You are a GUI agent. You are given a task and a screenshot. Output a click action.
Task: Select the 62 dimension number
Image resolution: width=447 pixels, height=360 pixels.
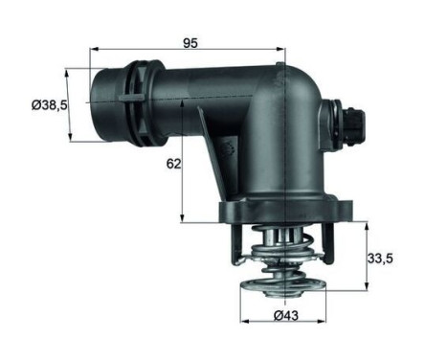[172, 164]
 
